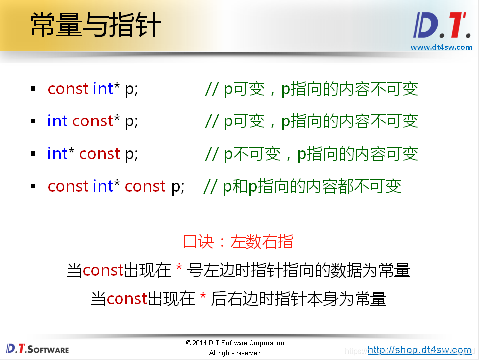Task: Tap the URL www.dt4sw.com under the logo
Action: pos(441,47)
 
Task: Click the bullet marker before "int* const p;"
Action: pos(33,154)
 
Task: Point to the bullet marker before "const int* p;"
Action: pos(33,89)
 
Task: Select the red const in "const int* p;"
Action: pos(68,89)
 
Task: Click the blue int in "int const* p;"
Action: pos(57,121)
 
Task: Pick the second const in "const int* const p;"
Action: pos(145,186)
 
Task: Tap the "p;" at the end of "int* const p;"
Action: pos(131,154)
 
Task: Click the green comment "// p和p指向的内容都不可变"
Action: pos(302,186)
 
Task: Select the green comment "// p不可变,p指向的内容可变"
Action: pos(311,154)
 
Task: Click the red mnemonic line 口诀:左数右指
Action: pos(239,241)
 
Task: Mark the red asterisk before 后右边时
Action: pos(203,299)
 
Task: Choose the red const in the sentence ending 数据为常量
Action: pos(103,270)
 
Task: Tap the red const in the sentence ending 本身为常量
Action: pos(126,299)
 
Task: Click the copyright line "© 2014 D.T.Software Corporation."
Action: pos(236,343)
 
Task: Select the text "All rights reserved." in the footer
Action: pos(236,353)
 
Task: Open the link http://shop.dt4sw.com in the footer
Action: pos(419,350)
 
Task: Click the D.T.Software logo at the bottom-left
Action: pos(38,348)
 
